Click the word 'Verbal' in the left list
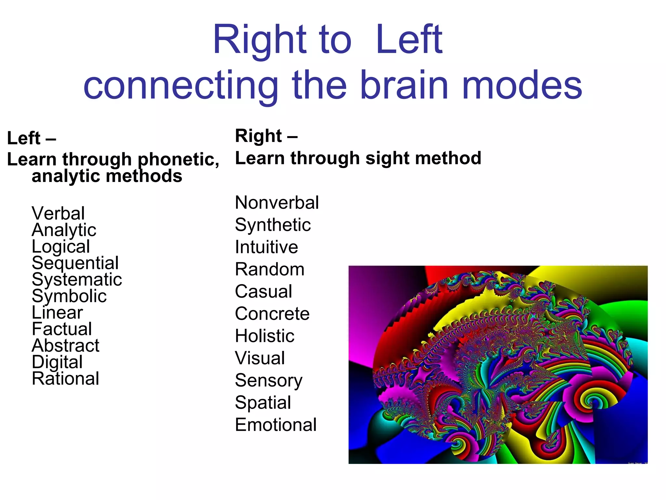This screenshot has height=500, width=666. (58, 214)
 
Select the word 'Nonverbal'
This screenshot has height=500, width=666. (277, 202)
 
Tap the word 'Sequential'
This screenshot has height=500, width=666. (75, 263)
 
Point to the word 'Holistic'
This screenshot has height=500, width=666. (265, 336)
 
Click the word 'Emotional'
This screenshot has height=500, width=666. (276, 424)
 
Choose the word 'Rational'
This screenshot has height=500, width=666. (65, 378)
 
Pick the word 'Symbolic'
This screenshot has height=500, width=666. (69, 296)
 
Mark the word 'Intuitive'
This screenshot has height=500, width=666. (266, 247)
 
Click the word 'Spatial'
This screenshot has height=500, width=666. (263, 403)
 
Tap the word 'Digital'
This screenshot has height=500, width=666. (57, 362)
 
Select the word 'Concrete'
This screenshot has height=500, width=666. (272, 313)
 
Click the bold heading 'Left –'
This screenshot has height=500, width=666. (32, 138)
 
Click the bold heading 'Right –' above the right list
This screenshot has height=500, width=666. (266, 136)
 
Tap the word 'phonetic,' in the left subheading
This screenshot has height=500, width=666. (179, 160)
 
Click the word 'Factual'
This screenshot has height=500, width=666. (62, 329)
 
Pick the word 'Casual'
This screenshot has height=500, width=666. (263, 291)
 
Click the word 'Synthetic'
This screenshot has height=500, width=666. (273, 225)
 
